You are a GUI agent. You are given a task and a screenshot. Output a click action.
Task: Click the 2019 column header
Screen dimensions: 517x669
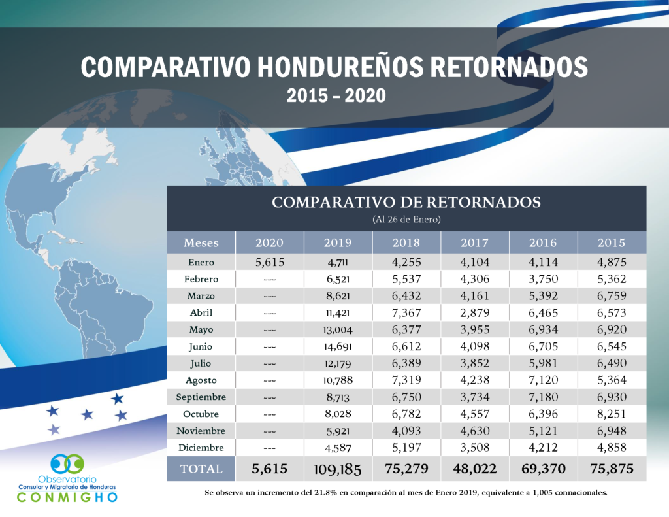(338, 243)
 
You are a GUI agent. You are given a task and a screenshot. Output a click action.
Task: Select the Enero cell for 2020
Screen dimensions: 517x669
(269, 262)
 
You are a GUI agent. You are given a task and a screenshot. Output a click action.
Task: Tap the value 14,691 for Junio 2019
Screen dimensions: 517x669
(338, 346)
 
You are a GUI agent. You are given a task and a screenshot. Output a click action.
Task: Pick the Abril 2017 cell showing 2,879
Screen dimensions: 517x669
(474, 312)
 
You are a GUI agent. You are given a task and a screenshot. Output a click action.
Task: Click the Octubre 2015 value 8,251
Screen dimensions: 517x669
(611, 414)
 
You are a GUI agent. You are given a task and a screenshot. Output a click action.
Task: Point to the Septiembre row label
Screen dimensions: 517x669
(201, 397)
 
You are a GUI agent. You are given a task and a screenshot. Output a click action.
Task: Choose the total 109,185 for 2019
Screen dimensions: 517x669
(338, 469)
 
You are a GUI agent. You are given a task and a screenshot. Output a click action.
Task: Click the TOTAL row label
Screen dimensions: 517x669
(201, 469)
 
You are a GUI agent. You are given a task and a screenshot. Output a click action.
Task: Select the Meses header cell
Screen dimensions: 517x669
(201, 243)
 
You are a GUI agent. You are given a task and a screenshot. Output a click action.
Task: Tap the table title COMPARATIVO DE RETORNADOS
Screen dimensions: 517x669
(406, 202)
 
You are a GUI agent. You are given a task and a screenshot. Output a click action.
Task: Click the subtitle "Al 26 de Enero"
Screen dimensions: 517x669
(406, 219)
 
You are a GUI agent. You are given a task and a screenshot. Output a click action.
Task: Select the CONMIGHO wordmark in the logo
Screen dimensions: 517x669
(67, 497)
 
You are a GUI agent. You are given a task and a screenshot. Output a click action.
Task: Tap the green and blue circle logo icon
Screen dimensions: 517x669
(67, 464)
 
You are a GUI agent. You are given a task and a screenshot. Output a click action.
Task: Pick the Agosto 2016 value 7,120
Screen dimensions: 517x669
(543, 380)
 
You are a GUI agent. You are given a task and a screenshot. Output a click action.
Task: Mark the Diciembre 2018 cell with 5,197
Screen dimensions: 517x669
(406, 448)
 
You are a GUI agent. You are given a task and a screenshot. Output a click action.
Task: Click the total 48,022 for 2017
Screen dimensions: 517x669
(474, 469)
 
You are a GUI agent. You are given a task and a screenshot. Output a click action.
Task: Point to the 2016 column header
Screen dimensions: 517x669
(543, 243)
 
